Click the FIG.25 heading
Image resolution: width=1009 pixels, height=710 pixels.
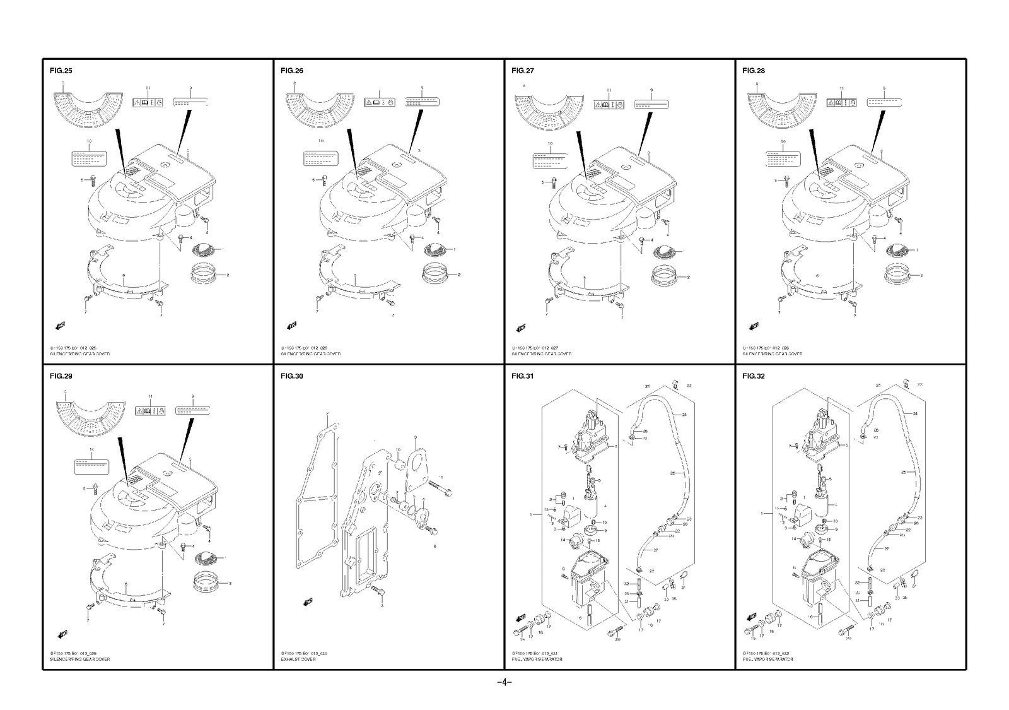click(x=61, y=71)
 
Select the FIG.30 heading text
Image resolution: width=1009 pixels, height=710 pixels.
click(x=291, y=376)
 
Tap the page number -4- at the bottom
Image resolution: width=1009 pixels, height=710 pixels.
click(x=504, y=682)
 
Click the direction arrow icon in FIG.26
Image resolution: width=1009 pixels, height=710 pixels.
click(x=292, y=325)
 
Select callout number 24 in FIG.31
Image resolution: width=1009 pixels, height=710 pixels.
click(x=684, y=414)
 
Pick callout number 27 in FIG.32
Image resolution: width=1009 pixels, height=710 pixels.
click(x=887, y=550)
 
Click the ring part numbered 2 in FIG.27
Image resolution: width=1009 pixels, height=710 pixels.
click(x=665, y=275)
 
